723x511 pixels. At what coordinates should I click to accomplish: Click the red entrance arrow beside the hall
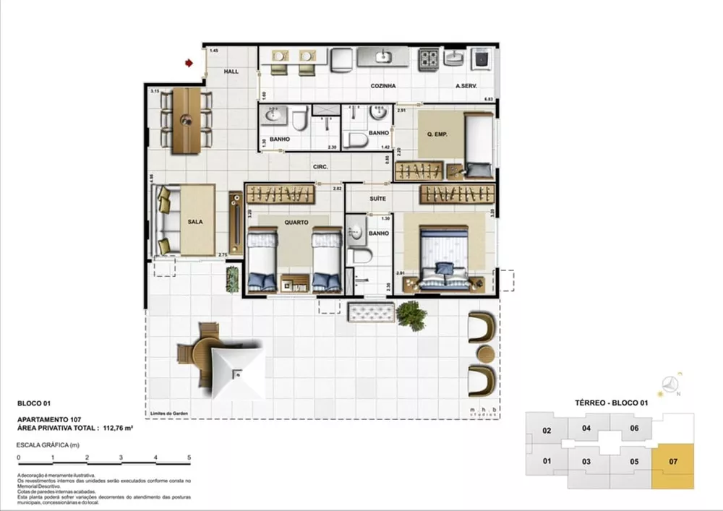coord(189,64)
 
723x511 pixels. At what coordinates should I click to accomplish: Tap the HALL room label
coord(231,72)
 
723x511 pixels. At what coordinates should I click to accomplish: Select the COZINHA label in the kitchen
coord(383,86)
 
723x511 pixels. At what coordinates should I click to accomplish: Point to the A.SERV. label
coord(466,86)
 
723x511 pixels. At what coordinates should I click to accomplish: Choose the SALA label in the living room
coord(194,223)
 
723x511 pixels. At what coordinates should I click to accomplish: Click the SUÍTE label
coord(377,198)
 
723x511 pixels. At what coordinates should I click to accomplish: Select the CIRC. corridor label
coord(321,167)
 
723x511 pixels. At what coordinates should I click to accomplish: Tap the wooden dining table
coord(187,121)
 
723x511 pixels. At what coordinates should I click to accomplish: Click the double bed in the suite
coord(445,257)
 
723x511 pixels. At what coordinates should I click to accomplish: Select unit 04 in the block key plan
coord(586,428)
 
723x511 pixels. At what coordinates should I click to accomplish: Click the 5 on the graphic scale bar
coord(189,458)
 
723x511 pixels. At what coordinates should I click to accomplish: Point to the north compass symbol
coord(672,385)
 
